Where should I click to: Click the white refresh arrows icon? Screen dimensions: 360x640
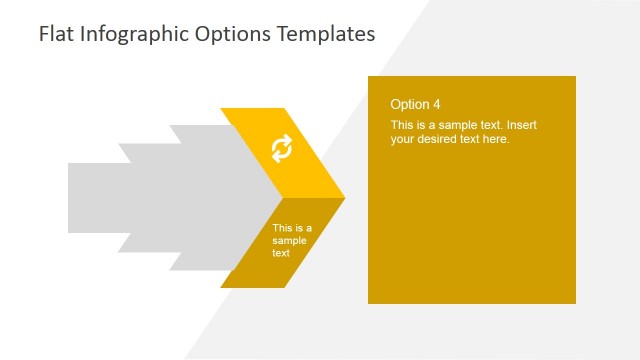[282, 149]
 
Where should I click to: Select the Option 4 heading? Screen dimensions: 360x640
[415, 104]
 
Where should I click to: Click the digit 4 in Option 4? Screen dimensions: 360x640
[436, 104]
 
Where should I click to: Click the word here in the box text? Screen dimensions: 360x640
[497, 139]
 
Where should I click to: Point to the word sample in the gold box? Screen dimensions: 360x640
[457, 125]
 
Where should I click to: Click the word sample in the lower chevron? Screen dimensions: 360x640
[289, 240]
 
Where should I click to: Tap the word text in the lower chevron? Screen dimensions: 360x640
[281, 253]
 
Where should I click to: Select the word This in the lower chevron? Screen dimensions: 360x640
[282, 228]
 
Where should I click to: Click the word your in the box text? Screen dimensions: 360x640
[403, 139]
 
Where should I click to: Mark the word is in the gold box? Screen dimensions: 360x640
[421, 125]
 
